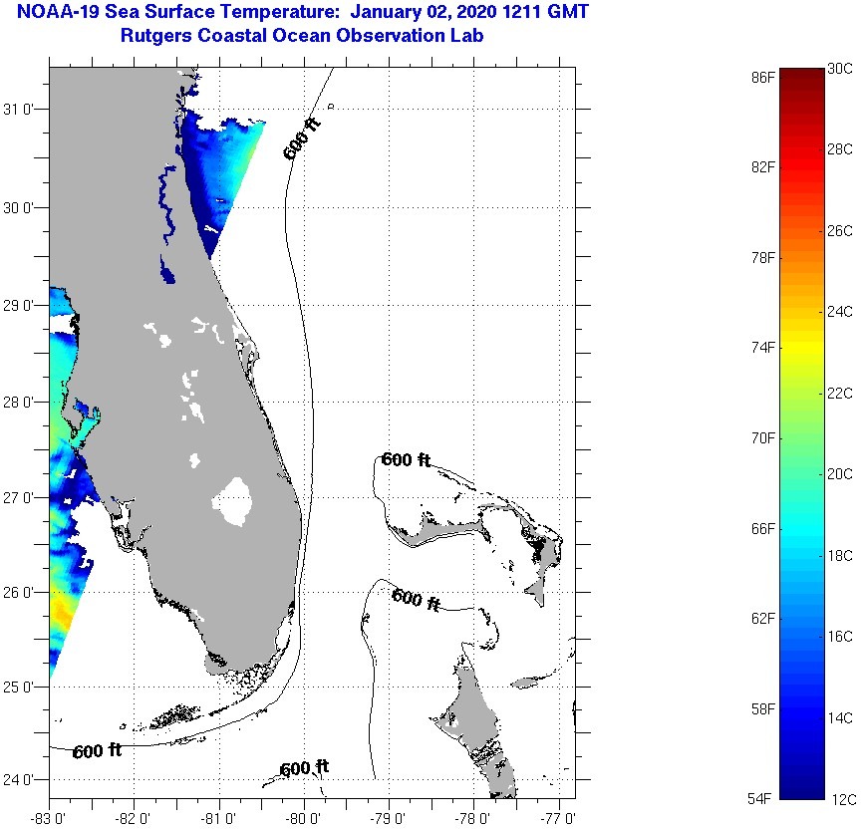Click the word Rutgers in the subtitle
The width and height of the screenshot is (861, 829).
pos(154,36)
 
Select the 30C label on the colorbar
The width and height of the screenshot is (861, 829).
pos(839,69)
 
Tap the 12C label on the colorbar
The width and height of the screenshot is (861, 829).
pos(839,799)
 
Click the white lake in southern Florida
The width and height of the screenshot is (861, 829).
pos(235,500)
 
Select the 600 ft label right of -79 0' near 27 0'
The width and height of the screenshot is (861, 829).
pos(406,459)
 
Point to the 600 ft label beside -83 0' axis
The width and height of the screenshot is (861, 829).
pos(97,750)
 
